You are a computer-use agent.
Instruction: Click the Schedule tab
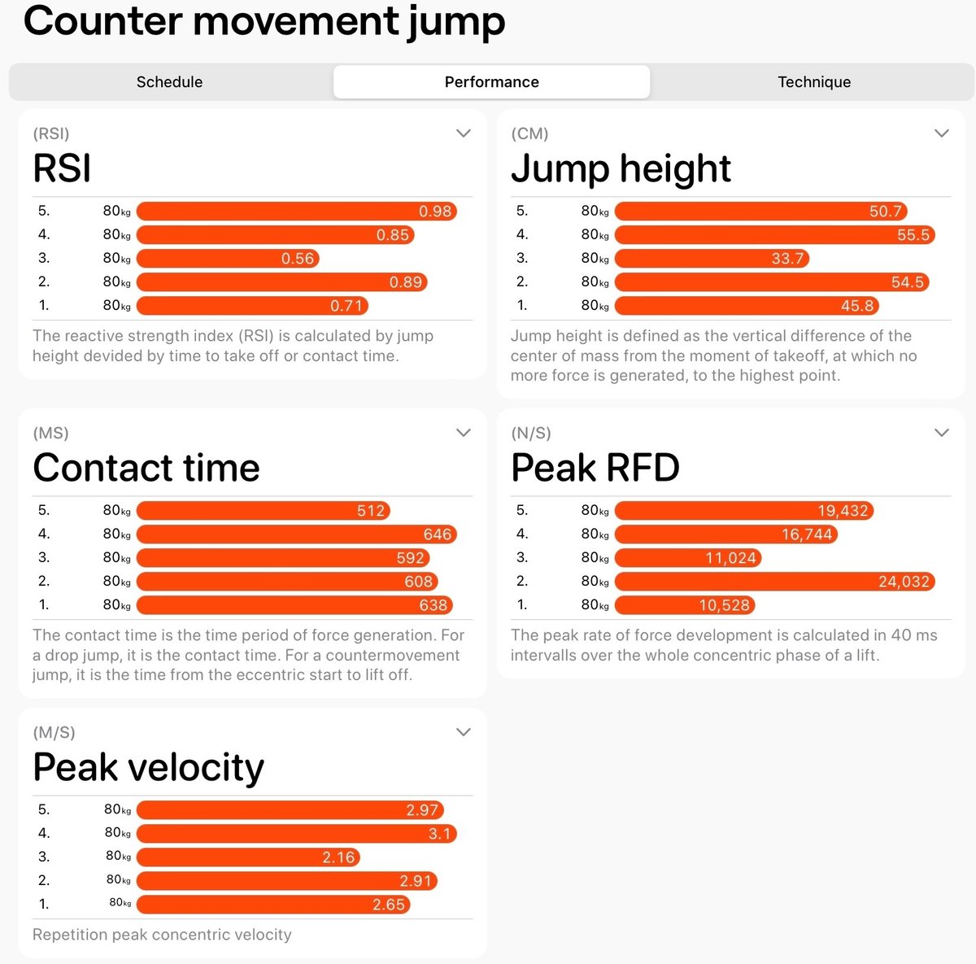click(x=170, y=81)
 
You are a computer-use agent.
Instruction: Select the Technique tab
click(x=813, y=81)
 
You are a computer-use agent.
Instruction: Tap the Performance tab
click(x=491, y=81)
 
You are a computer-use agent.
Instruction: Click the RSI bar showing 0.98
click(x=297, y=211)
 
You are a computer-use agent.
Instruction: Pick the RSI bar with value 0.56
click(x=228, y=259)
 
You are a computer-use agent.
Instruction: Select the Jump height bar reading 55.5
click(x=775, y=234)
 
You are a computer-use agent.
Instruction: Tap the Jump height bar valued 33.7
click(x=712, y=259)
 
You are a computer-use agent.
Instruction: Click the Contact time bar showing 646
click(x=297, y=534)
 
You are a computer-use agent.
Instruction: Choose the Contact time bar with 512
click(x=264, y=510)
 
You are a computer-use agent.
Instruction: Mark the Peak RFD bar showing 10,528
click(x=685, y=605)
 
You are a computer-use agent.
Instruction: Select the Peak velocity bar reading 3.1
click(x=297, y=834)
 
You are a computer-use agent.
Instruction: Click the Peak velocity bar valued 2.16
click(x=248, y=857)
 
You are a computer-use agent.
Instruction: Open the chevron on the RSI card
click(x=464, y=133)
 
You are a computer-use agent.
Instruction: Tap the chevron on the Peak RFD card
click(x=942, y=433)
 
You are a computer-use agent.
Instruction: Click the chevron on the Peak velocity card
click(x=464, y=732)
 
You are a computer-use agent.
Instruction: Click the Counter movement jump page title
click(x=264, y=22)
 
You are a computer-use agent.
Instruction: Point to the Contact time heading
click(x=146, y=467)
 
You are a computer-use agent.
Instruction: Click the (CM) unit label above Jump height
click(x=529, y=133)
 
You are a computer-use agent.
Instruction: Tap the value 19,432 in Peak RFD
click(x=843, y=511)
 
